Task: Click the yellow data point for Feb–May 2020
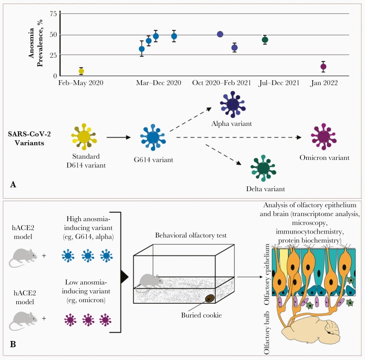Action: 81,71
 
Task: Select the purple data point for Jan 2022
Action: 324,66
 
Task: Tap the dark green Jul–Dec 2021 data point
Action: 265,40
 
